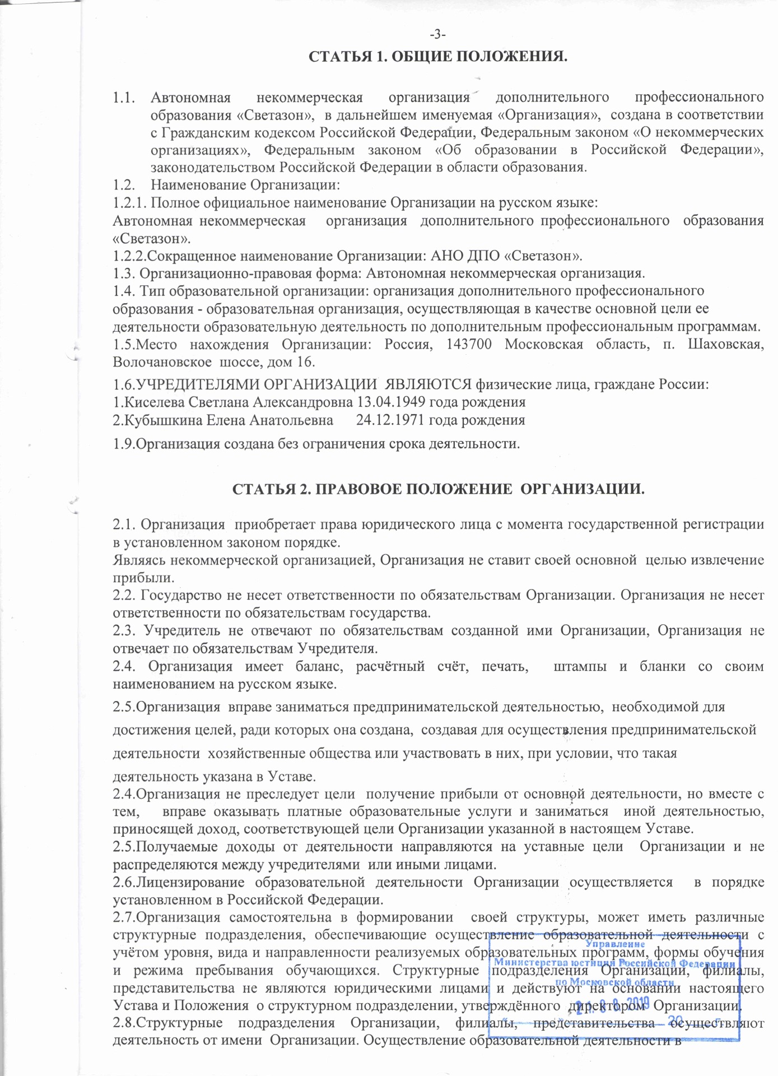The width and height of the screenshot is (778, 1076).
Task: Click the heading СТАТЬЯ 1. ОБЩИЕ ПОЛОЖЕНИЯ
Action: pyautogui.click(x=439, y=57)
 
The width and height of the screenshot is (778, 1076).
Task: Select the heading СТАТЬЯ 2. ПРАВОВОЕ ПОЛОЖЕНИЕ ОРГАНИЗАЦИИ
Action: pyautogui.click(x=439, y=489)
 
